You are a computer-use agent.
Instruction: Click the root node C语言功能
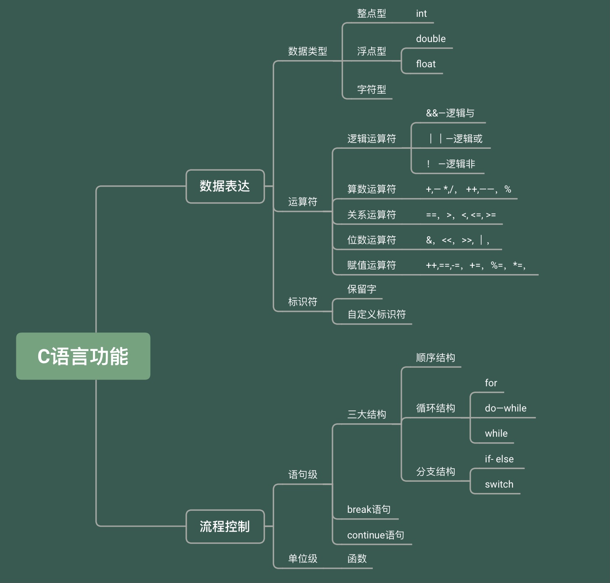pyautogui.click(x=83, y=356)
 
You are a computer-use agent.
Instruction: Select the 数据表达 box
pyautogui.click(x=225, y=186)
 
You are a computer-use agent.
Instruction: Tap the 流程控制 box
pyautogui.click(x=225, y=527)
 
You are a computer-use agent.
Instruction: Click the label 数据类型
pyautogui.click(x=307, y=51)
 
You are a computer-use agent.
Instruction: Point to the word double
pyautogui.click(x=431, y=39)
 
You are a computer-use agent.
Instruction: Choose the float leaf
pyautogui.click(x=426, y=64)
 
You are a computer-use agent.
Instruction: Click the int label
pyautogui.click(x=421, y=13)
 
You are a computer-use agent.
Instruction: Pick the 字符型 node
pyautogui.click(x=372, y=90)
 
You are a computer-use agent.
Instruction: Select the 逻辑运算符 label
pyautogui.click(x=372, y=139)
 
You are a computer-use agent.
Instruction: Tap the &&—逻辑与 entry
pyautogui.click(x=450, y=113)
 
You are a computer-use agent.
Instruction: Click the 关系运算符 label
pyautogui.click(x=372, y=215)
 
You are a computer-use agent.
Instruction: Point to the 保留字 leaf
pyautogui.click(x=361, y=289)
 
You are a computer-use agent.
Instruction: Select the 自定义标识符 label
pyautogui.click(x=377, y=314)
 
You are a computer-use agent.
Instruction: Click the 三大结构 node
pyautogui.click(x=367, y=414)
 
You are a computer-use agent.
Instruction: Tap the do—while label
pyautogui.click(x=505, y=408)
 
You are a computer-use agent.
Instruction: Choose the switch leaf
pyautogui.click(x=499, y=484)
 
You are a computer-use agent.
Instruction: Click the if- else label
pyautogui.click(x=499, y=459)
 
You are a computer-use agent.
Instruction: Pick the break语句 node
pyautogui.click(x=369, y=509)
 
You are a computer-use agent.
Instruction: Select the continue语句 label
pyautogui.click(x=375, y=535)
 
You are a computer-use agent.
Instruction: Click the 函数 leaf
pyautogui.click(x=357, y=559)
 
